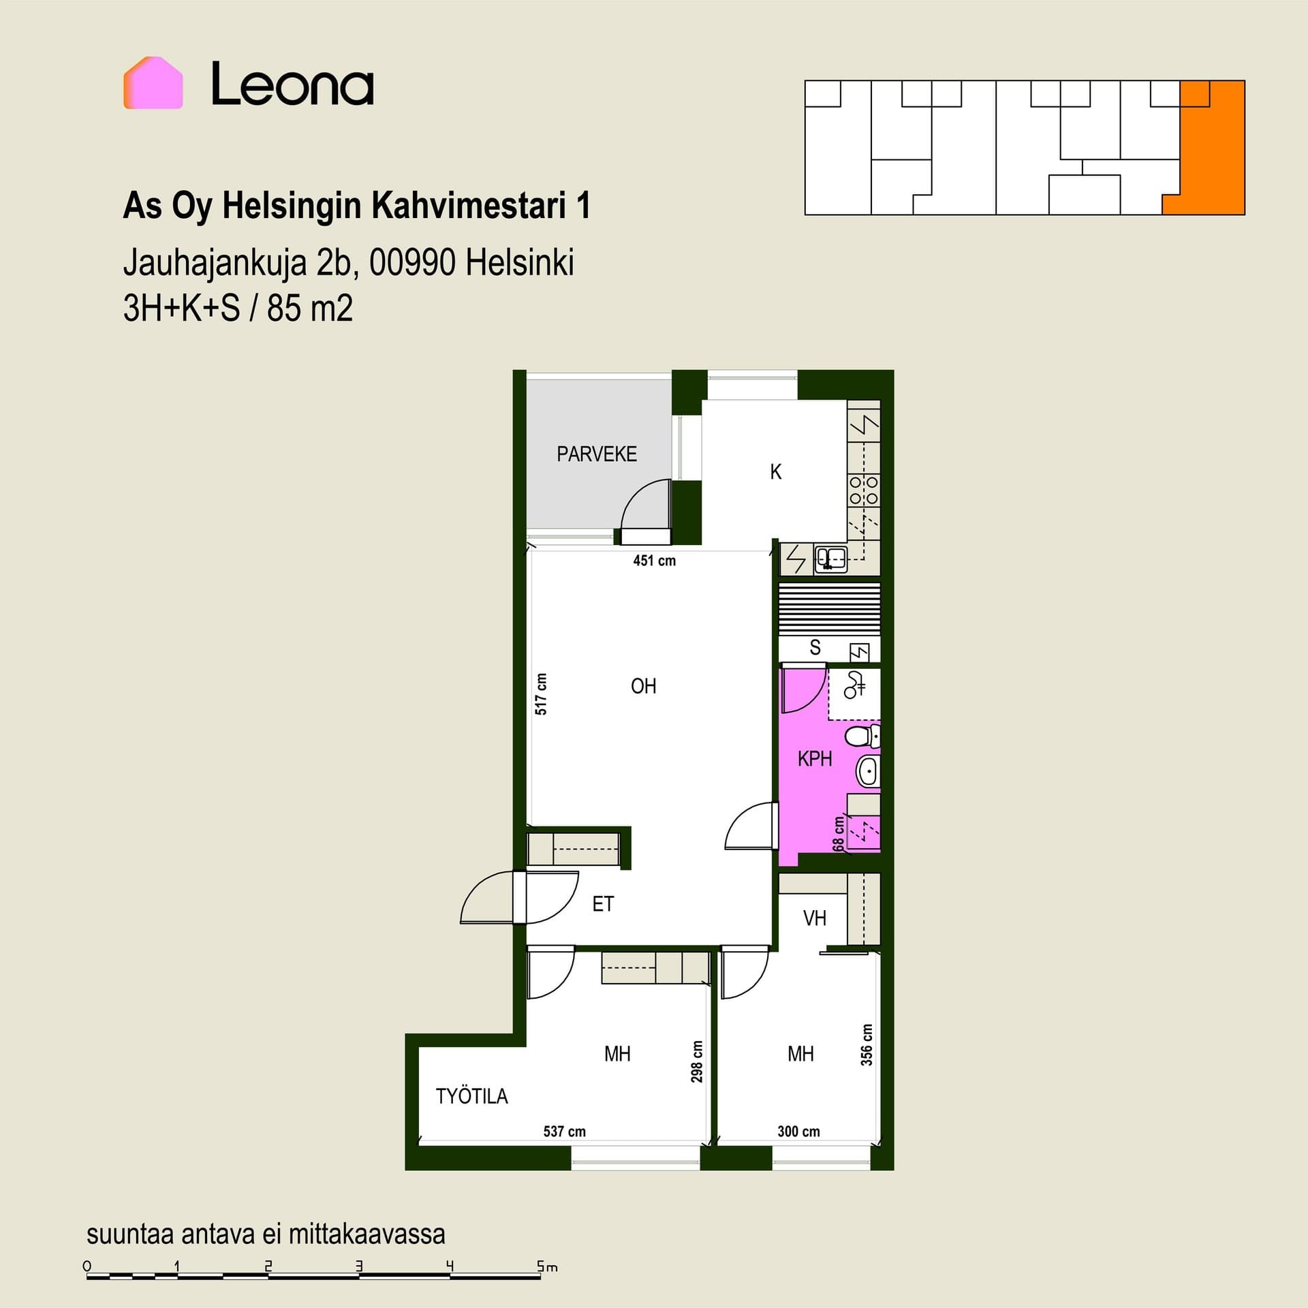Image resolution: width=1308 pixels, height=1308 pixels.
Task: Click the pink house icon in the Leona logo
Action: (153, 82)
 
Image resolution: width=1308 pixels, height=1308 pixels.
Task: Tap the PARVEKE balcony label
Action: (597, 454)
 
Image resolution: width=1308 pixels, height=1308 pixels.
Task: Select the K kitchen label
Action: (775, 471)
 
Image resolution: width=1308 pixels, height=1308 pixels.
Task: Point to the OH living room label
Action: (644, 686)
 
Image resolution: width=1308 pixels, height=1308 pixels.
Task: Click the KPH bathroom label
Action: (815, 758)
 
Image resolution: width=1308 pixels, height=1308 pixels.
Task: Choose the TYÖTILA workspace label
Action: (472, 1096)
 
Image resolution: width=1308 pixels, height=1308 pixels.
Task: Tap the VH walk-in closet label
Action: (815, 918)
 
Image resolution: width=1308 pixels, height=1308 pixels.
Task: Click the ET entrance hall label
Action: (603, 904)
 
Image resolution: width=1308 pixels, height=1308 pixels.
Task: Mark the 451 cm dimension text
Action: (655, 561)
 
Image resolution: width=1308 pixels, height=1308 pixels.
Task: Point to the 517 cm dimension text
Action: (541, 694)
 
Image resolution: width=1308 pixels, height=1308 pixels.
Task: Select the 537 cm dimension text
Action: (565, 1132)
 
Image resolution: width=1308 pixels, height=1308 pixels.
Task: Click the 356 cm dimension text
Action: (867, 1045)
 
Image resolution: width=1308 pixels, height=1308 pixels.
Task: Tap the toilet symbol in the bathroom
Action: (862, 736)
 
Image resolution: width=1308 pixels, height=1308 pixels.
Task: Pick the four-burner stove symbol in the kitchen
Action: (864, 490)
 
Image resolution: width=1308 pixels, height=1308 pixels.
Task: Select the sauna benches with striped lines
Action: (830, 609)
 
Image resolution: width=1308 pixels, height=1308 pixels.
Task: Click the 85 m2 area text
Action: (310, 308)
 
